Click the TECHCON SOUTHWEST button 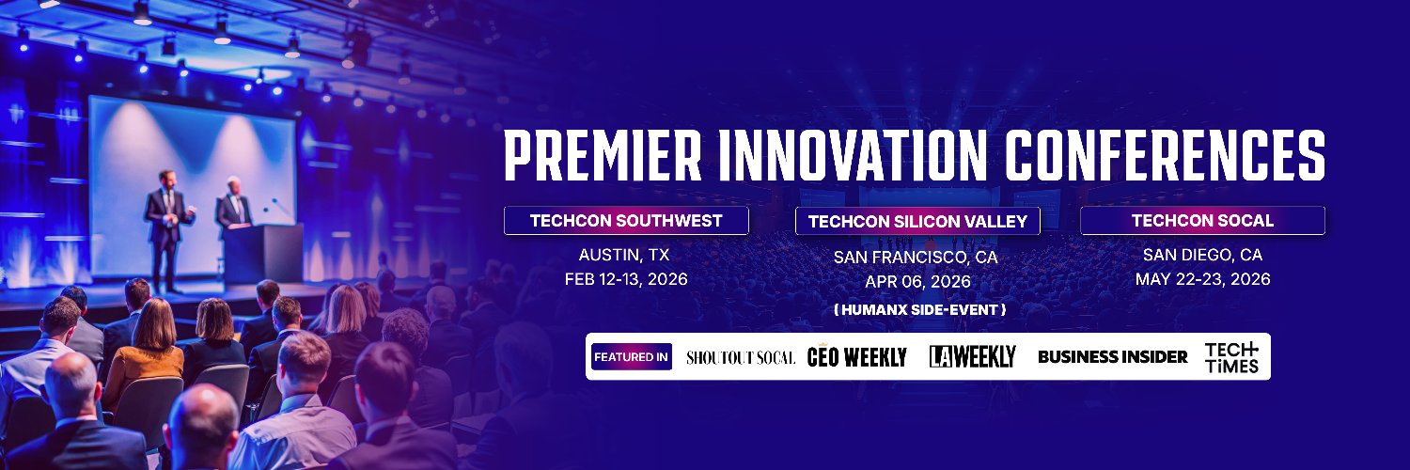(x=626, y=221)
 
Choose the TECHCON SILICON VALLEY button (x=917, y=222)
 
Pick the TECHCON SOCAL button (x=1202, y=221)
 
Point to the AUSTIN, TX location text (x=626, y=255)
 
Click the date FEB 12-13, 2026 (x=626, y=279)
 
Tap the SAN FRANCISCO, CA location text (x=916, y=257)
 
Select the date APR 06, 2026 (x=916, y=281)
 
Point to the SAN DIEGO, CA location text (x=1202, y=255)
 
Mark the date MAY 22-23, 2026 (x=1202, y=279)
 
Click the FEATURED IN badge (x=631, y=357)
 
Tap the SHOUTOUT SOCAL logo (x=741, y=357)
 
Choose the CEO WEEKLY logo (x=856, y=357)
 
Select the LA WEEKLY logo (x=972, y=357)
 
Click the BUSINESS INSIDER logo (x=1112, y=357)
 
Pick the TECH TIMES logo (x=1231, y=357)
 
